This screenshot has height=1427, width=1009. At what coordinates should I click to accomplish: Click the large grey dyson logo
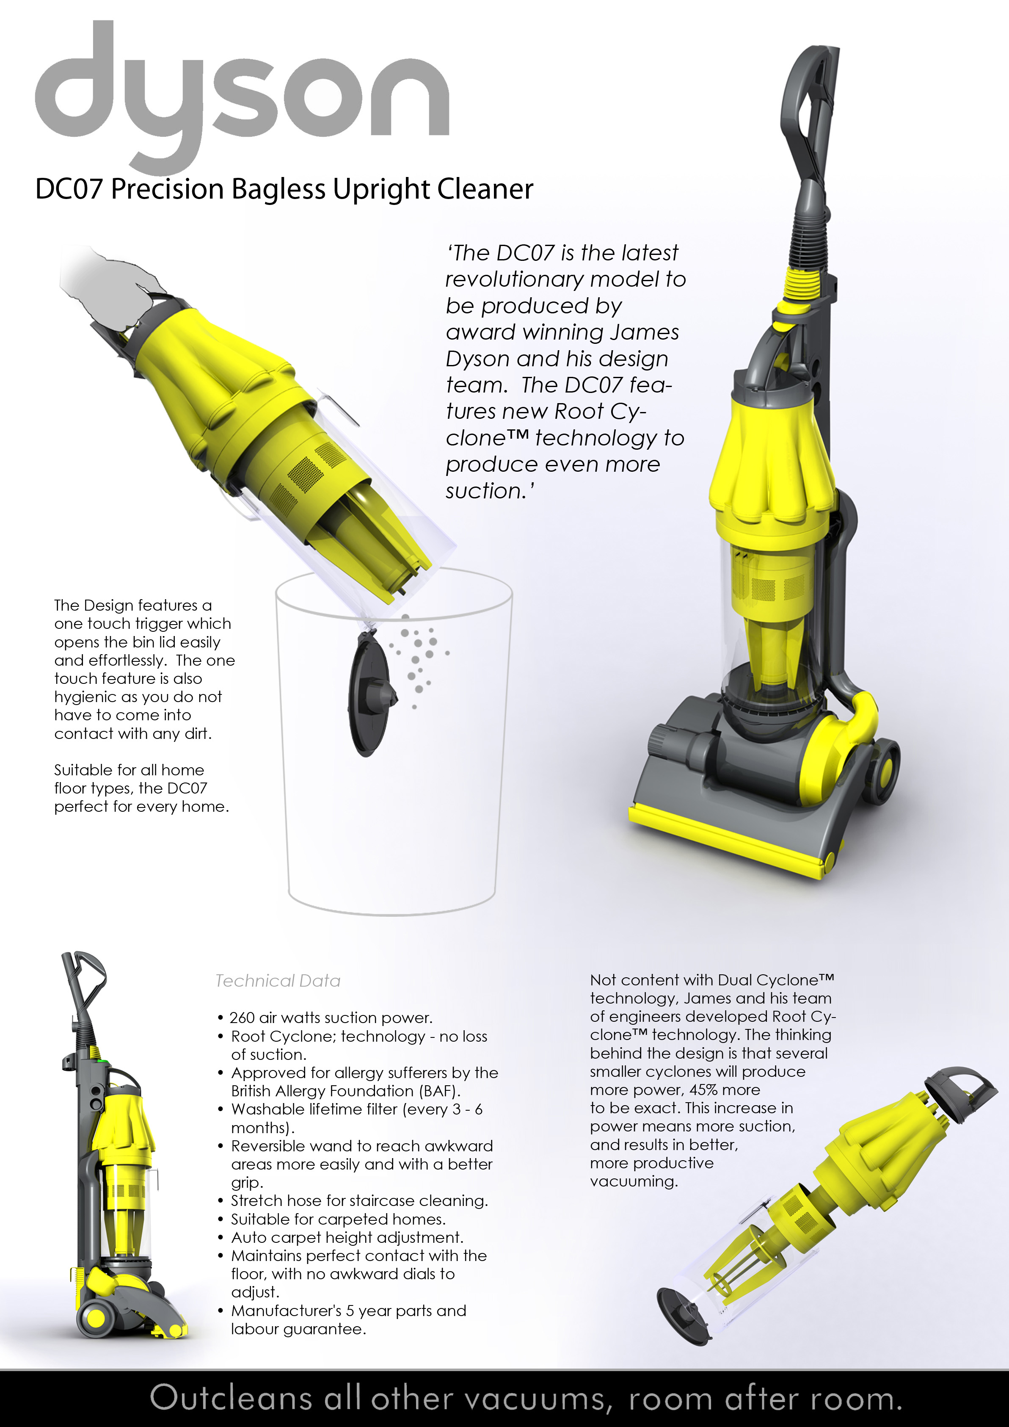pos(243,93)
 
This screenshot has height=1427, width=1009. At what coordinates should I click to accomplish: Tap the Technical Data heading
pos(278,981)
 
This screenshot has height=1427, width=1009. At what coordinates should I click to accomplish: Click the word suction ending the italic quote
pos(486,491)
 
